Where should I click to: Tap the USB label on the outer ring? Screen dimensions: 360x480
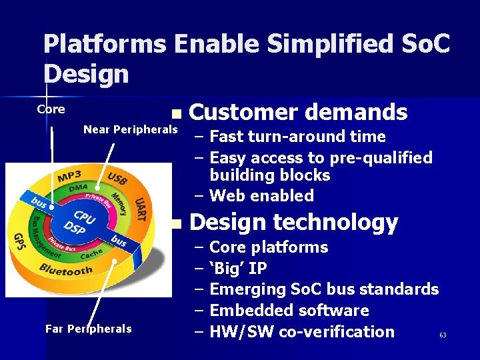[x=117, y=180]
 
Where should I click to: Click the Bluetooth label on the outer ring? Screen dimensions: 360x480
[x=66, y=269]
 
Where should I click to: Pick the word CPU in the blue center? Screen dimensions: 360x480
[x=84, y=217]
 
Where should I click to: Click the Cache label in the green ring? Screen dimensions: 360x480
[x=92, y=253]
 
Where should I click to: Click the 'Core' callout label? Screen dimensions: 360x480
[x=51, y=109]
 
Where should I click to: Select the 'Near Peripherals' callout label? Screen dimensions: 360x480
[x=130, y=129]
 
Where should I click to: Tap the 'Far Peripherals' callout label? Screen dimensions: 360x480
[x=88, y=328]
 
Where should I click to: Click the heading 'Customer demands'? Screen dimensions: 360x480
[x=298, y=112]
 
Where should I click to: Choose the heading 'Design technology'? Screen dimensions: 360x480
[x=293, y=222]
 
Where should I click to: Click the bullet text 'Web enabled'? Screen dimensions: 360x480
[x=261, y=195]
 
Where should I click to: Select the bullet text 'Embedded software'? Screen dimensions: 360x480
[x=289, y=310]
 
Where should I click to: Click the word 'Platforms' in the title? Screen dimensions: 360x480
[x=105, y=44]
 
